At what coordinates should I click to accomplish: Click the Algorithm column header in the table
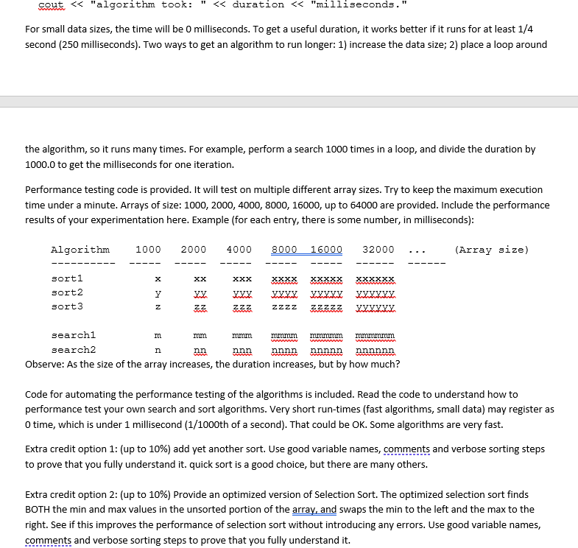tap(80, 250)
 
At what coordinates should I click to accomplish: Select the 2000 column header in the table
tap(194, 250)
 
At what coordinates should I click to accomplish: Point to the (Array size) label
tap(492, 250)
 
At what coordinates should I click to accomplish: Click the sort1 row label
tap(67, 278)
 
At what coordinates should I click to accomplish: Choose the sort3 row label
tap(67, 306)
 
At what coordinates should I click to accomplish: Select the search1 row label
tap(73, 335)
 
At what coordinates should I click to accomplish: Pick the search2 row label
tap(73, 350)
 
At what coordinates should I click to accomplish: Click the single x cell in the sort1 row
tap(158, 279)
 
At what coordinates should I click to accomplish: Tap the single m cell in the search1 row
tap(158, 336)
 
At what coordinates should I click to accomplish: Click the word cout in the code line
tap(50, 4)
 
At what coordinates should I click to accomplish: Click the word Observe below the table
tap(45, 364)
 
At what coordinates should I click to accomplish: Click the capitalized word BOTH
tap(40, 509)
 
